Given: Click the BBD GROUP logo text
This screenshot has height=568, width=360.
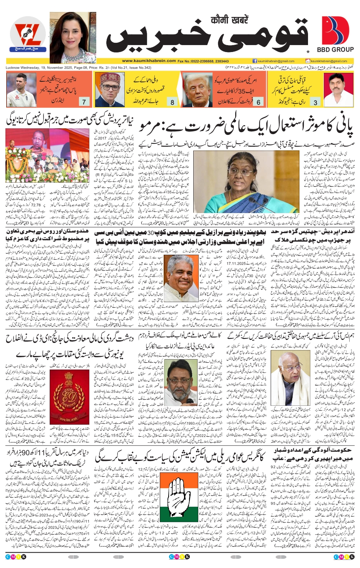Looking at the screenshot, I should point(335,49).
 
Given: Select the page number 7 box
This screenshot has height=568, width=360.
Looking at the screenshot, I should point(84,102).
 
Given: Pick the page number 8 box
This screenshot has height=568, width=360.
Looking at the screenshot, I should point(172,102).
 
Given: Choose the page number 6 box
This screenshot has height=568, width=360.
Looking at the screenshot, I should point(258,102).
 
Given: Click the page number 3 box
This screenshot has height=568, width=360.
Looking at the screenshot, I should point(315,102).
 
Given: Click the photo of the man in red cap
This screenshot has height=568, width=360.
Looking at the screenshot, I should point(109,90).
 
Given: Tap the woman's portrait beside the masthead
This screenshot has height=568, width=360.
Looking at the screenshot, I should point(73,37).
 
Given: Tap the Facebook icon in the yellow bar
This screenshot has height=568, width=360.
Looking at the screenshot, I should point(255,61).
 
